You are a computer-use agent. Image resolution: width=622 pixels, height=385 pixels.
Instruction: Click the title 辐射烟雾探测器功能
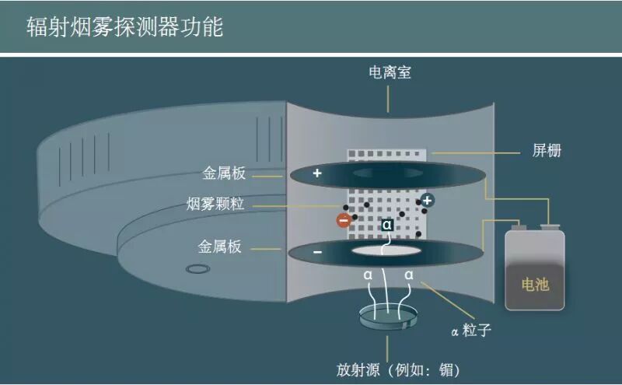(124, 27)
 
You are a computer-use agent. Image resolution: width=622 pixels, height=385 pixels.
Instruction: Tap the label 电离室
(390, 73)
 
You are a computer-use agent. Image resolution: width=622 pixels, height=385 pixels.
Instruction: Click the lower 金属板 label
(221, 247)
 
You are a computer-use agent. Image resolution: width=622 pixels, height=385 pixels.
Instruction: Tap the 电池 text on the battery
(535, 285)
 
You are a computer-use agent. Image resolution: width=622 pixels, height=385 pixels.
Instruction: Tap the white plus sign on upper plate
(317, 173)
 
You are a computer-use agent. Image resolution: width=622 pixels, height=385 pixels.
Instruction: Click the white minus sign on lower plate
(317, 253)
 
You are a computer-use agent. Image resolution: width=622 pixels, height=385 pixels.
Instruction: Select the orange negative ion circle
(344, 220)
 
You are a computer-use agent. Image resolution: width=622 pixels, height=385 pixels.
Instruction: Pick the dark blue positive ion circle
(428, 201)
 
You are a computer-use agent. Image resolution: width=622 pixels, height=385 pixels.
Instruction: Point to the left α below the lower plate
(368, 275)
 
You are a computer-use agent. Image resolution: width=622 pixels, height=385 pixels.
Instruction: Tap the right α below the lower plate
(409, 275)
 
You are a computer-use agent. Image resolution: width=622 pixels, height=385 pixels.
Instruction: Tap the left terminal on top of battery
(516, 227)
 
